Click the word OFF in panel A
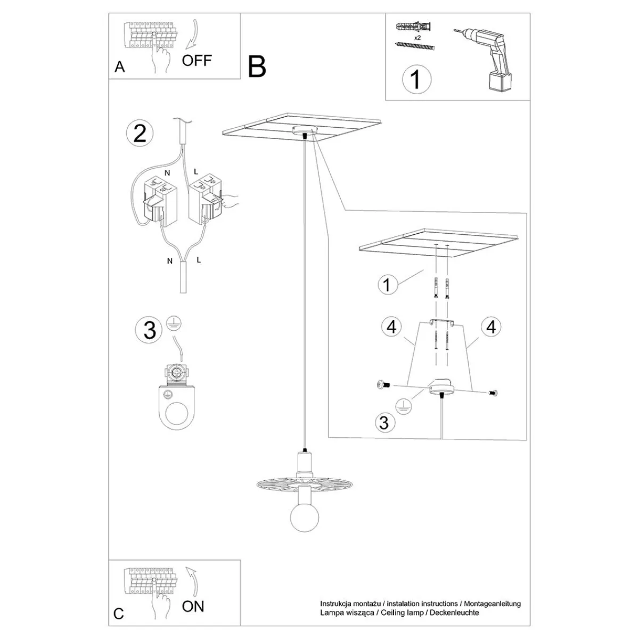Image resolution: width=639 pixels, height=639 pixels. [196, 60]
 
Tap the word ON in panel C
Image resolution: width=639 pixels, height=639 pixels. [193, 607]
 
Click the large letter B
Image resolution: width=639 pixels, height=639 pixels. [257, 67]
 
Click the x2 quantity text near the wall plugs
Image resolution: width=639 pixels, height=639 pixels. [417, 38]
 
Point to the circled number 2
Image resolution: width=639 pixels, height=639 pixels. [140, 134]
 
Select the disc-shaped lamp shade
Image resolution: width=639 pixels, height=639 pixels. [305, 487]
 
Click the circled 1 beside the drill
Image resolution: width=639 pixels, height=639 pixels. [416, 79]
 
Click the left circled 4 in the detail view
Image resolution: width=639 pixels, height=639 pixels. [391, 327]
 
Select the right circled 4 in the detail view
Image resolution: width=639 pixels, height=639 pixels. [491, 327]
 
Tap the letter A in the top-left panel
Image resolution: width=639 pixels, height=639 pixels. [120, 67]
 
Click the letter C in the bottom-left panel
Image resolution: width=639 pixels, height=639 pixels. [118, 614]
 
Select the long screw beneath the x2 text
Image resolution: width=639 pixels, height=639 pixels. [415, 46]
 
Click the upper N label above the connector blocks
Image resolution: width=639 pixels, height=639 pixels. [167, 173]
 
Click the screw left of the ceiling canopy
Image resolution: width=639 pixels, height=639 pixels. [383, 385]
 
